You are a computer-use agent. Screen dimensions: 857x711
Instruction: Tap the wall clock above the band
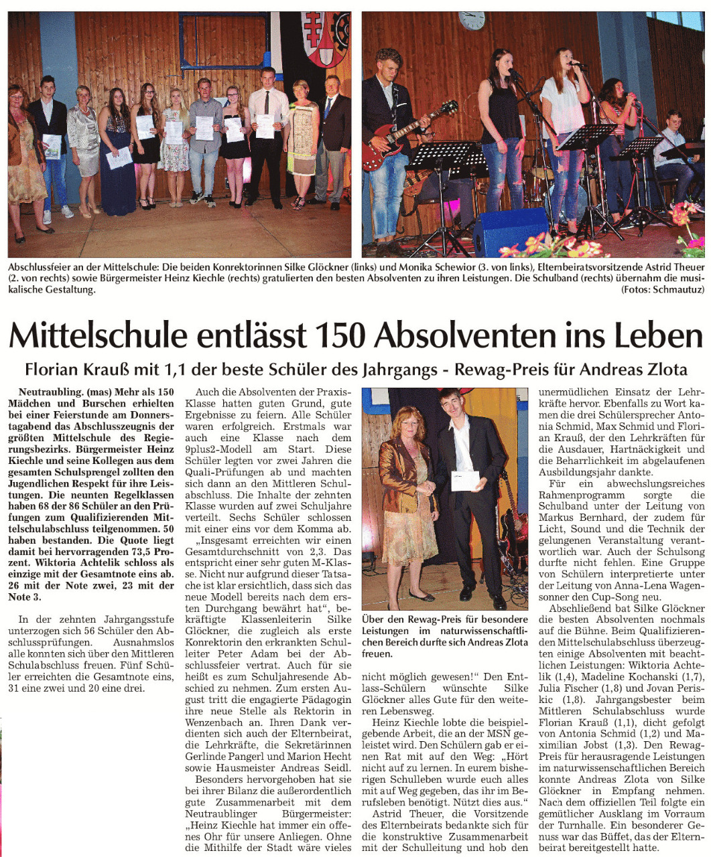471,20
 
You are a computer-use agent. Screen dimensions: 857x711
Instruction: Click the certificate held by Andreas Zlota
465,481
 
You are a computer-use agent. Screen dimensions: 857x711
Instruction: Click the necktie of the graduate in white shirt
267,103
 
